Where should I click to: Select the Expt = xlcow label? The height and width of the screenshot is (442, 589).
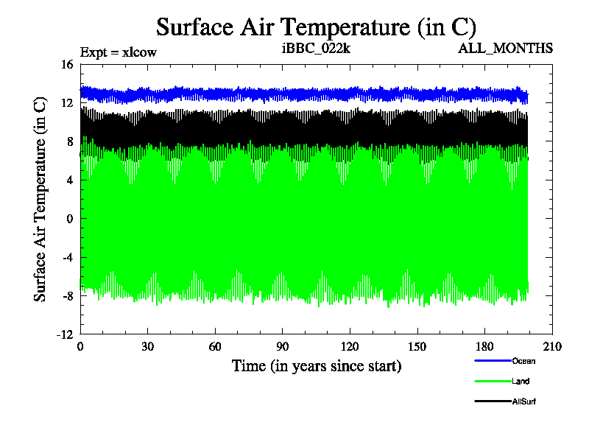point(118,52)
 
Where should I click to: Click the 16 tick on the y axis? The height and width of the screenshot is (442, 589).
point(66,65)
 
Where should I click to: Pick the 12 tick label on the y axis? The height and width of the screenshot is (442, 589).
point(66,103)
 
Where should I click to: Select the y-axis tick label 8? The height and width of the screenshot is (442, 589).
point(69,141)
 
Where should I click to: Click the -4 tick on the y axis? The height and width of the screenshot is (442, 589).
point(66,257)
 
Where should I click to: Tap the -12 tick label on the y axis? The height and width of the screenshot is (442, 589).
point(65,334)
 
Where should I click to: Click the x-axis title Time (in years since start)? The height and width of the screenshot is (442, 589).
point(317,365)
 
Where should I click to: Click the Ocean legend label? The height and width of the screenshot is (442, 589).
point(523,361)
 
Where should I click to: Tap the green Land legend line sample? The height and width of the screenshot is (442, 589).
point(492,381)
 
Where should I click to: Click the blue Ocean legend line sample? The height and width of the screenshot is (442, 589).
point(492,361)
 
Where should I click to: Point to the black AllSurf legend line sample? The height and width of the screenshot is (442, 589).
point(492,401)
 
